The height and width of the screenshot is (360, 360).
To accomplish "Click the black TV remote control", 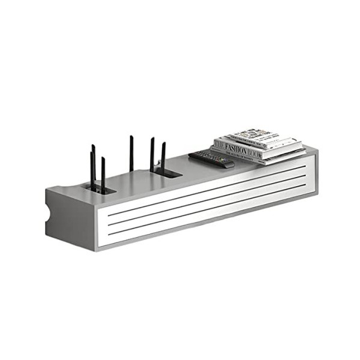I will click(x=211, y=158).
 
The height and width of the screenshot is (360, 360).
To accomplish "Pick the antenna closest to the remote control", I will click(x=163, y=157).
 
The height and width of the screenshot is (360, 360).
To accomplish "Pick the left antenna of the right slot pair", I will click(x=152, y=155).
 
